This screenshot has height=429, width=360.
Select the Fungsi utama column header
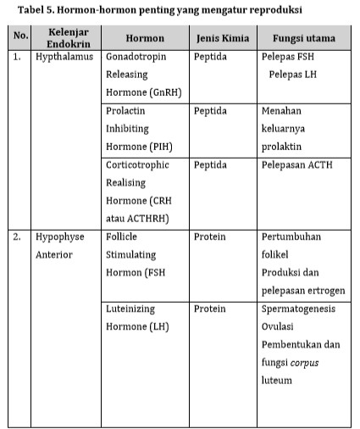coord(304,39)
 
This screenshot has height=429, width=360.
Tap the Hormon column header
coord(144,39)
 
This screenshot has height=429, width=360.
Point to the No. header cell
coord(19,39)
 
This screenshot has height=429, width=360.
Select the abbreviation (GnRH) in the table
coord(161,93)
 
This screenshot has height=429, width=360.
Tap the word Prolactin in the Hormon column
coord(127,112)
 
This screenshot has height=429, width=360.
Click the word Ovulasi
coord(281,326)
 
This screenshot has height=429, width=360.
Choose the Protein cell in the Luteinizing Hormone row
coord(209,309)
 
